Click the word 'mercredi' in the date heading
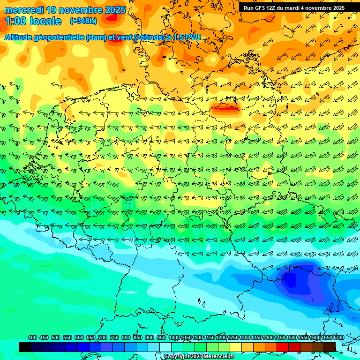(x=24, y=10)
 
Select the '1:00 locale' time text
(x=33, y=21)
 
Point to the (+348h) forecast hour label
(x=83, y=21)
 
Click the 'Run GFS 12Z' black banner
(x=299, y=8)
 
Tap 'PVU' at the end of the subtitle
(x=193, y=37)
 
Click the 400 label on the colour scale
(x=32, y=337)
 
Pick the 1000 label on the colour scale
(x=174, y=337)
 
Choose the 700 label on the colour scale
(x=103, y=337)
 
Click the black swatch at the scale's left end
(x=25, y=347)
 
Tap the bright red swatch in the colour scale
(x=282, y=347)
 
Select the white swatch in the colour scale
(x=165, y=347)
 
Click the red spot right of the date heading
(x=112, y=17)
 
